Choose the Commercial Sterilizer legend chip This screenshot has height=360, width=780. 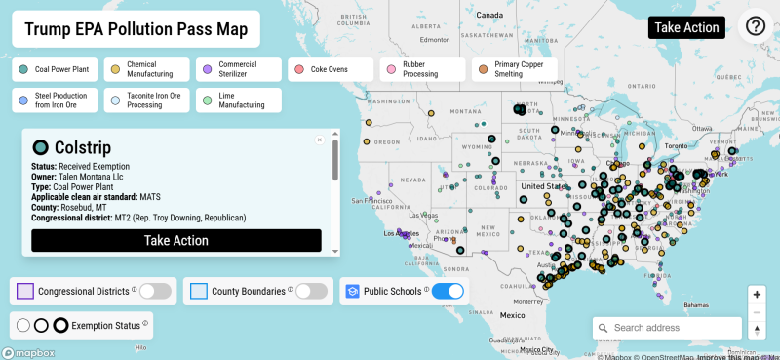(237, 70)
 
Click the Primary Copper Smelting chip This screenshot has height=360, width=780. (514, 70)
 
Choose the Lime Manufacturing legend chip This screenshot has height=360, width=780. (237, 100)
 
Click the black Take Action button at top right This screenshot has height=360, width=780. (686, 27)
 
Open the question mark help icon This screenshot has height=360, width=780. (756, 27)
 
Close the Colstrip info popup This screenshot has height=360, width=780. (319, 140)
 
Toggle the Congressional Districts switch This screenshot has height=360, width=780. (154, 291)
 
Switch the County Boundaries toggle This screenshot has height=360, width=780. (310, 291)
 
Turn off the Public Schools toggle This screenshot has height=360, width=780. (447, 291)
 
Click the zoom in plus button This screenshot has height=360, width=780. (757, 295)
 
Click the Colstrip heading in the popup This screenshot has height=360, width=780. (83, 147)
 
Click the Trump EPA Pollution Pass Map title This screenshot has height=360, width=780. (136, 30)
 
